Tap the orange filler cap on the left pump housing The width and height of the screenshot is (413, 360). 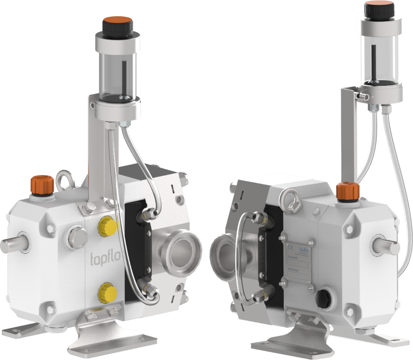tap(42, 183)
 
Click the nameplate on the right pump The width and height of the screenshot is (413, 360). tap(300, 263)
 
